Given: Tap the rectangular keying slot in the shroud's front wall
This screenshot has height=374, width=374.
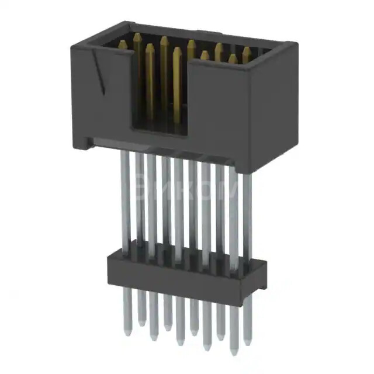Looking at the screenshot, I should click(x=159, y=93).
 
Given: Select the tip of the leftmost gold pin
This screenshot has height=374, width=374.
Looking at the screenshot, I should click(x=123, y=43).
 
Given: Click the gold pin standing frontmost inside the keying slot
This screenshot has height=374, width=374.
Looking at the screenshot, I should click(x=176, y=51).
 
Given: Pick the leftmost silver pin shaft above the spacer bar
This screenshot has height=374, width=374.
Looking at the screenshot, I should click(x=125, y=199).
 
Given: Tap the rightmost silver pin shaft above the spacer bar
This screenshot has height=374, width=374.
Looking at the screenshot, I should click(x=247, y=216).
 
